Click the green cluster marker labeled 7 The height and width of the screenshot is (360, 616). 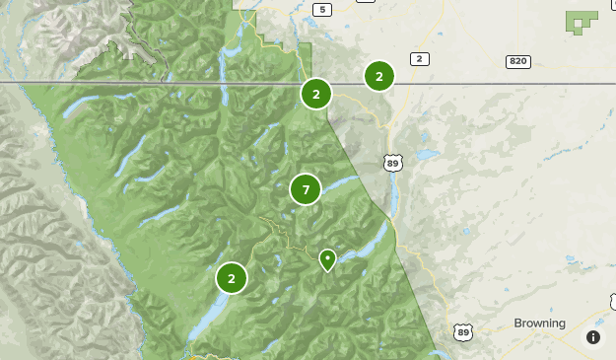coord(306,189)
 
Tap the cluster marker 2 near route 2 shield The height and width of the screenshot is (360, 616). coord(379,76)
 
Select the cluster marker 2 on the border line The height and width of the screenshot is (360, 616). coord(316,95)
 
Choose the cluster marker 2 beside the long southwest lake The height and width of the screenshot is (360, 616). coord(232,278)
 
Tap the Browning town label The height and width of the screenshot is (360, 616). coord(539,324)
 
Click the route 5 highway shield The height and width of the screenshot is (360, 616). coord(320,10)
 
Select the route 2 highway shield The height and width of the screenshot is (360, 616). coord(420,60)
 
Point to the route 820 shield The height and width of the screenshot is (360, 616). coord(518,61)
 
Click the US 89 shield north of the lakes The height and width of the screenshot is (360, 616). coord(393,162)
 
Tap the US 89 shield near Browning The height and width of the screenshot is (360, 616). coord(463,332)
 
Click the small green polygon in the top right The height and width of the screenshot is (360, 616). coord(582,21)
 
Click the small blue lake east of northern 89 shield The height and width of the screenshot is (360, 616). coord(426,156)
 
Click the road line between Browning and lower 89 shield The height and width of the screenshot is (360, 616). coord(493,332)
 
